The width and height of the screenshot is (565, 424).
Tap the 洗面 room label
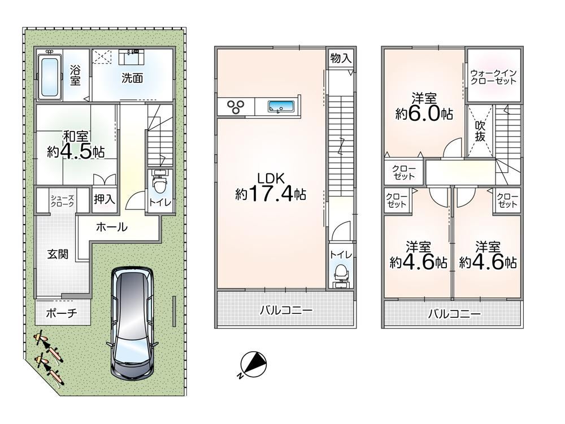132,78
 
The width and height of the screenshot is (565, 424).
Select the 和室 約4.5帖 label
76,145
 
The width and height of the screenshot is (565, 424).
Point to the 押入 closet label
104,199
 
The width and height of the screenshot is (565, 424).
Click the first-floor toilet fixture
159,183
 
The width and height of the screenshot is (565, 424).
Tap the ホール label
112,227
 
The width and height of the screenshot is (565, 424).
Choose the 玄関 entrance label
58,254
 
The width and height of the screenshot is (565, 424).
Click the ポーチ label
62,313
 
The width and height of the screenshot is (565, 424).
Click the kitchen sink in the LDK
281,107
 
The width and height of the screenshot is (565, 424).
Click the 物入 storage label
341,58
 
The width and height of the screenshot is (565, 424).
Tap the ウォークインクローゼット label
494,77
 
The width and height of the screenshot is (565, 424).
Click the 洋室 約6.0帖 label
424,107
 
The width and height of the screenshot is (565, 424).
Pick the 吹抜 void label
480,131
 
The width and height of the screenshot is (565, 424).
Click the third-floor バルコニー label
454,314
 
